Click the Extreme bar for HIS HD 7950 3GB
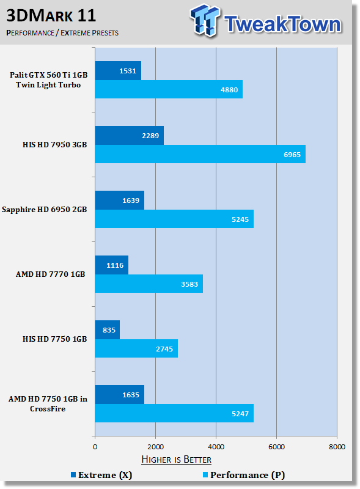[130, 135]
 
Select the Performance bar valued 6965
[200, 154]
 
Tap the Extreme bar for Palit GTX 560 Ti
[118, 70]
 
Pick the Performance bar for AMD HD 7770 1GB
[149, 284]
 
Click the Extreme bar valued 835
[108, 329]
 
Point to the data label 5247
[240, 414]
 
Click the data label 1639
[131, 200]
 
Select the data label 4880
[229, 90]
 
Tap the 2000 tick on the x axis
[155, 447]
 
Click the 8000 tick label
[337, 447]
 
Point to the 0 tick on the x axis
[95, 447]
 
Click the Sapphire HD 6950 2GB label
[44, 210]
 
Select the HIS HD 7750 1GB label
[54, 339]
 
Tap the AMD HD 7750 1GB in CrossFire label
[48, 403]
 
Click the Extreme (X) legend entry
[101, 475]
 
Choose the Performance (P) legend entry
[244, 475]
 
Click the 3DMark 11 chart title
[51, 16]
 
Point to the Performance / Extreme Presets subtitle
[62, 33]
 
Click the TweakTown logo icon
[205, 20]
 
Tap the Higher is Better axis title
[176, 460]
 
